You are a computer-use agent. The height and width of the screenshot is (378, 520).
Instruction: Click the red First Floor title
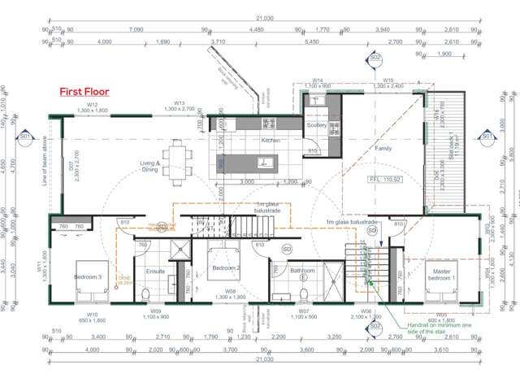pyautogui.click(x=84, y=92)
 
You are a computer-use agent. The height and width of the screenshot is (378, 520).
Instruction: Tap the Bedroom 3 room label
pyautogui.click(x=89, y=277)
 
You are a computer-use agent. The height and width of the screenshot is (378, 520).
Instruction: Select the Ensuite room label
pyautogui.click(x=155, y=271)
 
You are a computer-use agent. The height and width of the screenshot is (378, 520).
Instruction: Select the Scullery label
pyautogui.click(x=316, y=125)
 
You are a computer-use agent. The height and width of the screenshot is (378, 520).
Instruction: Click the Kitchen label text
pyautogui.click(x=271, y=140)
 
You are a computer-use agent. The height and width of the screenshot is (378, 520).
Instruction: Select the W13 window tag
pyautogui.click(x=180, y=104)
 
